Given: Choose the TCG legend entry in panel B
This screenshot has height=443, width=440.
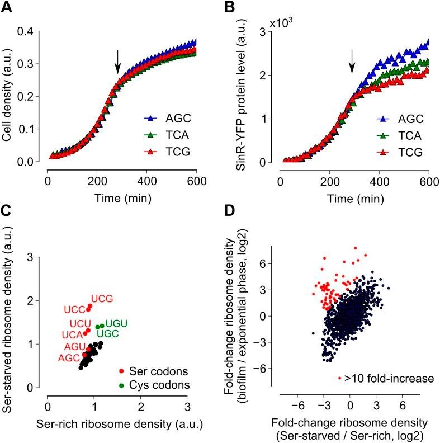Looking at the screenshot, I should pyautogui.click(x=398, y=152).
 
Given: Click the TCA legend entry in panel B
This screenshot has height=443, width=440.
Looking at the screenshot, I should pyautogui.click(x=398, y=135).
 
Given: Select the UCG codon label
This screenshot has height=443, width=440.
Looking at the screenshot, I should pyautogui.click(x=102, y=299).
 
